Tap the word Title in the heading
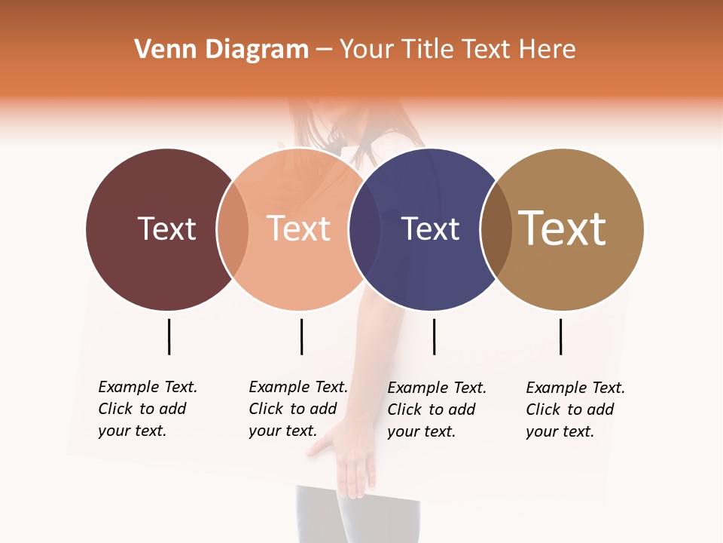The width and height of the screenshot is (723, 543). pos(429,50)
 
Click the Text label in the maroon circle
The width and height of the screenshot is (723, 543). pos(166,229)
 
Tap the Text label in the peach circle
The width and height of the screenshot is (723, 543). pos(299,229)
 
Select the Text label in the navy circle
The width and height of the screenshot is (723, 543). pos(431,229)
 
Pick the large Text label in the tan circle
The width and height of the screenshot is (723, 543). pos(563,229)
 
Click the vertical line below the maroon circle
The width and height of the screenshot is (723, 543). pos(169,336)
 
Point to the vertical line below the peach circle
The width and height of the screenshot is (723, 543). pos(301,336)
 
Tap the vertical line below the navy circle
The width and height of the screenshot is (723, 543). pos(434,336)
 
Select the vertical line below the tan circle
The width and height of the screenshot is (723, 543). pos(560,336)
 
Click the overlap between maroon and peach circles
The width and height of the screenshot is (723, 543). pos(233,229)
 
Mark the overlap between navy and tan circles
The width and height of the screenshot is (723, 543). pos(496,229)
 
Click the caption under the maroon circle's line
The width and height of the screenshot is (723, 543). pos(147,409)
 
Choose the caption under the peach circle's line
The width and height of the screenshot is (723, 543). pos(297,409)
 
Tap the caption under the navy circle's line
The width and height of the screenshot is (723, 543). pos(436,410)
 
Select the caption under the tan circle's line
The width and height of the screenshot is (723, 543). pos(575,410)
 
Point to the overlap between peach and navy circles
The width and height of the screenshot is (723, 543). pos(364,229)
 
